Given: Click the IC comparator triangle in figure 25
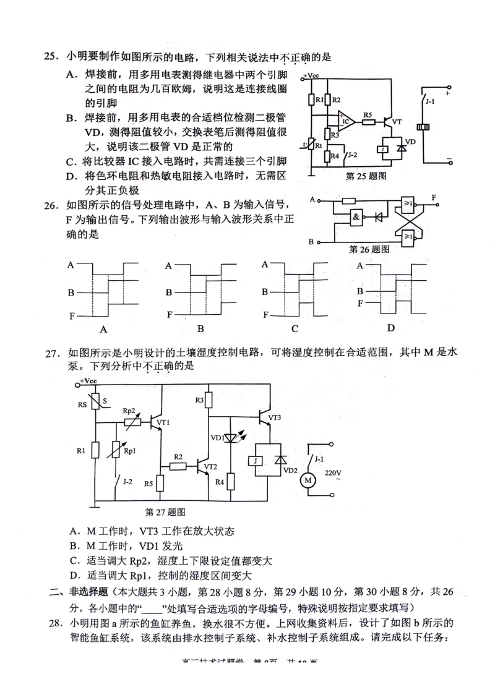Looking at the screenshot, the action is pos(346,121).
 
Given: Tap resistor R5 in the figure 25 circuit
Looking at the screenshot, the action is pos(369,122).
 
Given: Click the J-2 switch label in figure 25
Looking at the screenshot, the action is pos(353,154).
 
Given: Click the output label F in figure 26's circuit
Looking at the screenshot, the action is pos(434,197).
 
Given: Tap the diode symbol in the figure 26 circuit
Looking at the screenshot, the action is pos(378,218).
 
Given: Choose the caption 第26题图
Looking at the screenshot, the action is pos(369,250).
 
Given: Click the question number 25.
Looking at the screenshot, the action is pos(50,58).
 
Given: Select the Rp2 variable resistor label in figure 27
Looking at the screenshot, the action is pos(129,411).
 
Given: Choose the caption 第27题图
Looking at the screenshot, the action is pos(165,512).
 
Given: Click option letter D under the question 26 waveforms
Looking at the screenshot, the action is pos(390,327).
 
